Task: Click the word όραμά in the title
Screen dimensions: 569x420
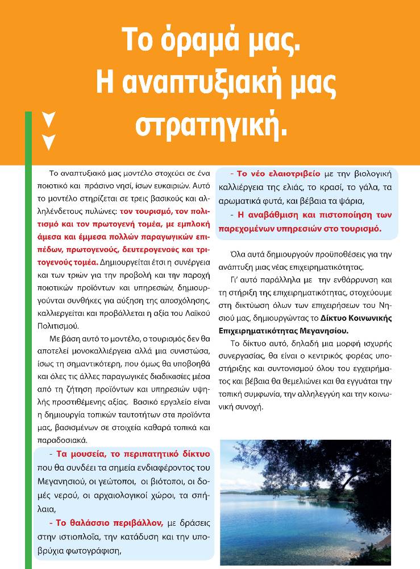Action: [x=215, y=43]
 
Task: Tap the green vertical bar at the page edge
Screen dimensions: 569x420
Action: [x=28, y=341]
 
